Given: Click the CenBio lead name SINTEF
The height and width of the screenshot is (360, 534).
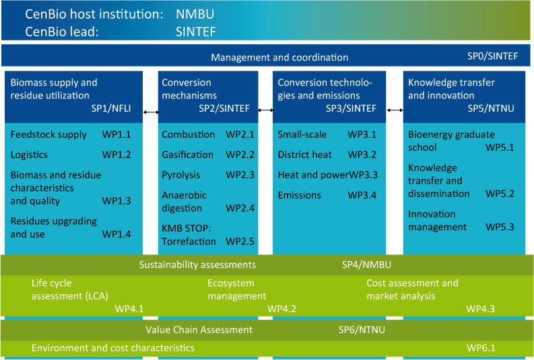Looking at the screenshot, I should tap(195, 31).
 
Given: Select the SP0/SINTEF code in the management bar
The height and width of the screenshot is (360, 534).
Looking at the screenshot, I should tap(492, 57).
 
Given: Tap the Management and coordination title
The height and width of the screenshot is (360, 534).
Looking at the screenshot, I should tap(279, 57).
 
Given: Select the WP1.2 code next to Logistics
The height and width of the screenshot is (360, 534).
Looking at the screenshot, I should tap(116, 155).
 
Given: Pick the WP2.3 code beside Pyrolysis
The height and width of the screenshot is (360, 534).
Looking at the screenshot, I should tap(240, 175).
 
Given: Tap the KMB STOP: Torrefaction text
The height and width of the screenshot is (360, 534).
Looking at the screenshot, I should tap(189, 234).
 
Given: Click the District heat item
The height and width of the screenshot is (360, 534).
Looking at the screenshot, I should tap(304, 155).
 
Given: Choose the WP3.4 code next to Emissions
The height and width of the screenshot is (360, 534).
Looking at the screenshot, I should tap(362, 195).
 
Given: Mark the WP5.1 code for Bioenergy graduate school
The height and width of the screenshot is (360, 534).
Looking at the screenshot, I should tap(500, 147).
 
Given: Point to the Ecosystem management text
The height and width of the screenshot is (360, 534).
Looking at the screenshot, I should tap(237, 289).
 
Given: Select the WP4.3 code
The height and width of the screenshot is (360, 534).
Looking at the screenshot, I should tap(481, 309).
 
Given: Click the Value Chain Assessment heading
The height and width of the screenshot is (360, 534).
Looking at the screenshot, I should tap(199, 330).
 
